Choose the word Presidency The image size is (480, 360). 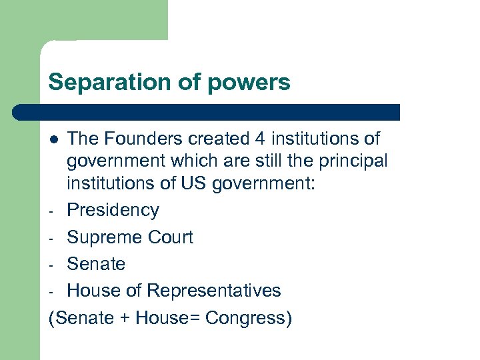click(x=113, y=211)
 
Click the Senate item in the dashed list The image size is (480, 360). click(x=96, y=264)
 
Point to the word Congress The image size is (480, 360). click(x=249, y=319)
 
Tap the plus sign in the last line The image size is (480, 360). click(x=125, y=319)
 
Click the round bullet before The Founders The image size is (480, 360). click(x=54, y=139)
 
